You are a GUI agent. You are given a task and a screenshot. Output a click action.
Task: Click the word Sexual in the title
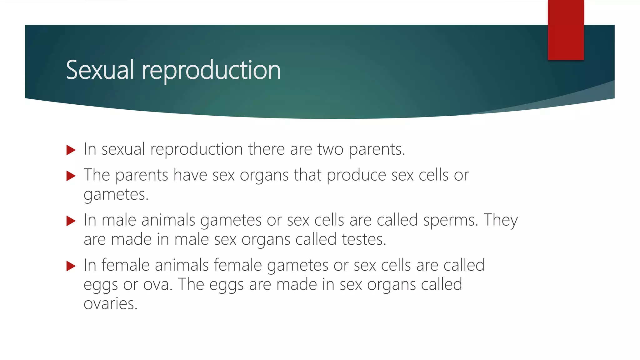click(100, 70)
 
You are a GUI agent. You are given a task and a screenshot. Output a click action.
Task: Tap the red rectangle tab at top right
click(566, 30)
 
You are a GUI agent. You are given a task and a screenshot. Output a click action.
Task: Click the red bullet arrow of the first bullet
click(71, 150)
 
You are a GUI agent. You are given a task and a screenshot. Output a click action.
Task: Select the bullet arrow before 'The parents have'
click(71, 176)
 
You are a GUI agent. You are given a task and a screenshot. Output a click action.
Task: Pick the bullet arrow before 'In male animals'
click(71, 221)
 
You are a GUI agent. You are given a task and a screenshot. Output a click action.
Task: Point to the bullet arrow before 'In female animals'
click(71, 266)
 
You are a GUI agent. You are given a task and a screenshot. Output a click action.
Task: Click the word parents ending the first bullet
click(376, 149)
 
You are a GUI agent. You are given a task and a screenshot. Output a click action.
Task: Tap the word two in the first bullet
click(330, 149)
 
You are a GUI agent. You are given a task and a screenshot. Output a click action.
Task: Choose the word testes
click(364, 240)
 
